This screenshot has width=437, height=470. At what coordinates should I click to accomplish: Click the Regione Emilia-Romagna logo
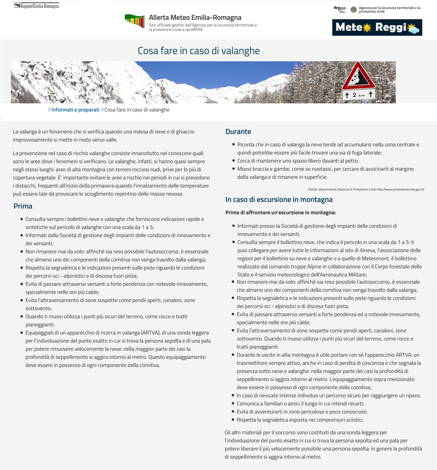[37, 6]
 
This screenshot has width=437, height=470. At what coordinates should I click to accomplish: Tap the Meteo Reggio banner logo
[377, 28]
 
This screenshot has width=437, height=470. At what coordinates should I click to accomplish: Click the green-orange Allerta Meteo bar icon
[135, 21]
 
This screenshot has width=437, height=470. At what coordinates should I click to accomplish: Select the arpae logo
[339, 9]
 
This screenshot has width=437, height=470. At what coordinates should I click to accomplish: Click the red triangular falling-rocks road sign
[358, 75]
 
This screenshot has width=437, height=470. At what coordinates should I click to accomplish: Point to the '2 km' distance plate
[358, 95]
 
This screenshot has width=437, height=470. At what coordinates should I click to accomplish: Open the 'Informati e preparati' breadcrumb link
[75, 110]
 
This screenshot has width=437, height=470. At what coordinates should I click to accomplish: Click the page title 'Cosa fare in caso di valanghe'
[199, 51]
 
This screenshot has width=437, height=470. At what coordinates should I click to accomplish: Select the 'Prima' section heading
[23, 206]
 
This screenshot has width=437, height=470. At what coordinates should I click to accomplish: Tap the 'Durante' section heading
[238, 132]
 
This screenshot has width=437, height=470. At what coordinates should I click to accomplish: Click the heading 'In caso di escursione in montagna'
[279, 200]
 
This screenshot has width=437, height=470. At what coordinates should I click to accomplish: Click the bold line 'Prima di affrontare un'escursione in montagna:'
[280, 212]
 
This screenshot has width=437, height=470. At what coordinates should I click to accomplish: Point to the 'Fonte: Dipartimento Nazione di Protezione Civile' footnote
[366, 189]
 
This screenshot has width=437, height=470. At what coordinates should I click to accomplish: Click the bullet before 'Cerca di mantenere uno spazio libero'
[233, 161]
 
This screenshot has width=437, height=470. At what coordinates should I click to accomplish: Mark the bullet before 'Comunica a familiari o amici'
[233, 404]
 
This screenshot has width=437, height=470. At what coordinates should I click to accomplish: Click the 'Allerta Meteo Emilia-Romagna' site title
[195, 17]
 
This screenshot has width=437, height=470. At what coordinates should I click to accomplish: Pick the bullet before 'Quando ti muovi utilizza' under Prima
[22, 316]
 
